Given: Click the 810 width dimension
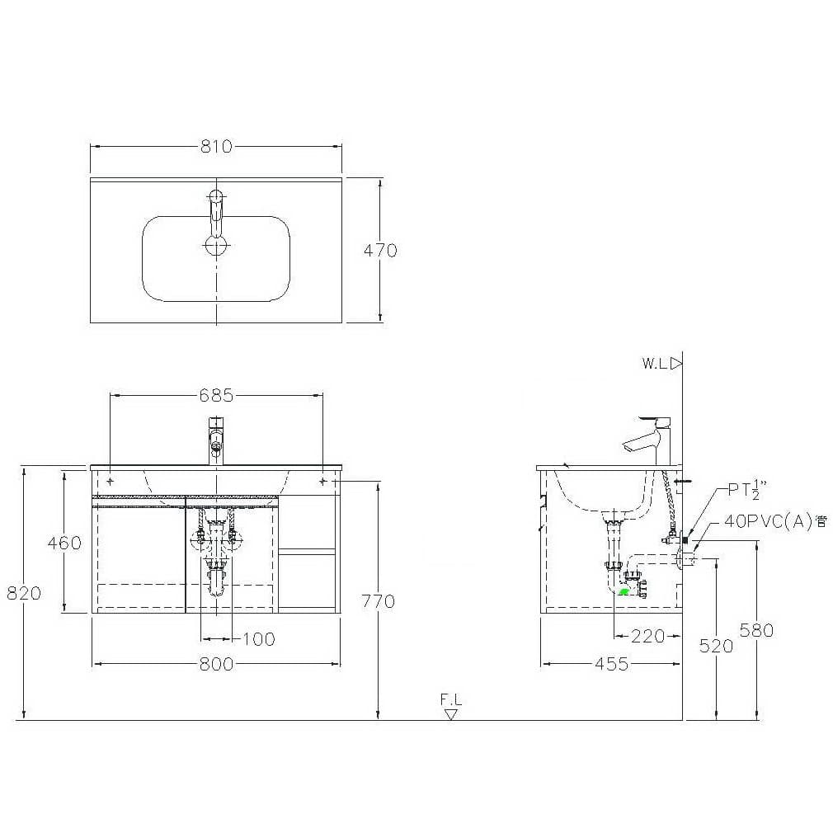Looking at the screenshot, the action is click(216, 146).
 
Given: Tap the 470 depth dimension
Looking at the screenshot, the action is click(380, 250).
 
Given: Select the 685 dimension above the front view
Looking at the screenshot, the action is click(216, 395).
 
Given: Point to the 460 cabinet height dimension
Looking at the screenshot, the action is click(65, 543).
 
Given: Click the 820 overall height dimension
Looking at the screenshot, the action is click(24, 593).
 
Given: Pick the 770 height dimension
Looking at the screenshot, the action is click(378, 601).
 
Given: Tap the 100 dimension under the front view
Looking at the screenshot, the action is click(259, 639).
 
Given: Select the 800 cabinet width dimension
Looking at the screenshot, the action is click(216, 664).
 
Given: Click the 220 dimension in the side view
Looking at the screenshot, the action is click(648, 636).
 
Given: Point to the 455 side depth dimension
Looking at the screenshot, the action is click(612, 664).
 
